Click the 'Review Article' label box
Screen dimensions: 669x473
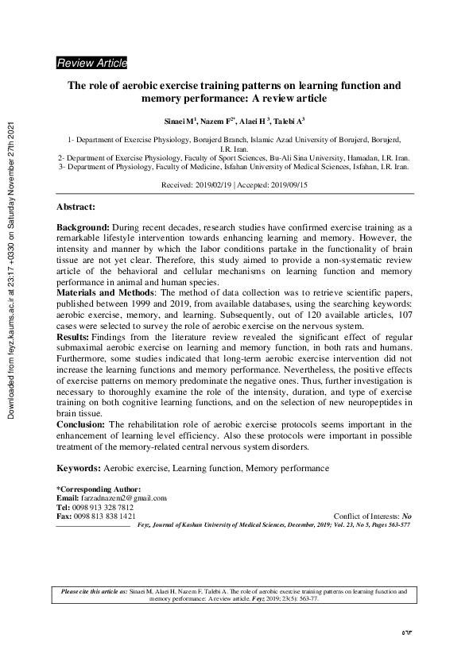click(91, 63)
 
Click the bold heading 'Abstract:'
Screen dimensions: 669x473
click(76, 207)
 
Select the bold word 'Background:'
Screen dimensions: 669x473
click(82, 227)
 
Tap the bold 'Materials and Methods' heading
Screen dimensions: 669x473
click(103, 292)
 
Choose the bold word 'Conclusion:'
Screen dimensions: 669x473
click(80, 424)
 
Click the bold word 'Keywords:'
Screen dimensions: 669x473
click(77, 469)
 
